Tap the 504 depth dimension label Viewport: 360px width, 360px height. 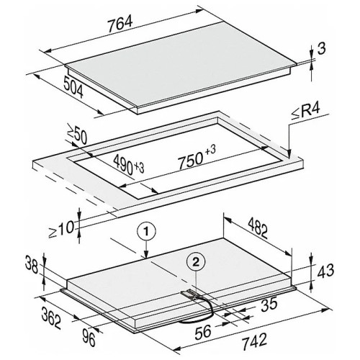(73, 87)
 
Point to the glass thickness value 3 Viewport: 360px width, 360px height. (322, 48)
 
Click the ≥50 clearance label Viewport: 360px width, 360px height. (77, 136)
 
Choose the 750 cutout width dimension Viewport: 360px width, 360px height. (197, 157)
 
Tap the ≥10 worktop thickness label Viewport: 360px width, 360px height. (61, 229)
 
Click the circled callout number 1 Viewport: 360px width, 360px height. (146, 232)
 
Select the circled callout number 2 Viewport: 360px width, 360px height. (196, 262)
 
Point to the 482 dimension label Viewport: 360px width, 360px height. (258, 228)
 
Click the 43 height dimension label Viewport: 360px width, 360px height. (325, 270)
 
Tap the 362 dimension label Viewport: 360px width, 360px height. (51, 318)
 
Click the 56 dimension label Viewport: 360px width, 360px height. (203, 332)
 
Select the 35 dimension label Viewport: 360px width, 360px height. (269, 304)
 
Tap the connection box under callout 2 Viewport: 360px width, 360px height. (189, 294)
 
